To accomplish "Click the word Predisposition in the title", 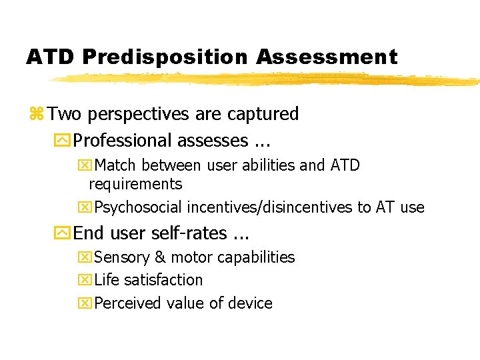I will pos(165,57).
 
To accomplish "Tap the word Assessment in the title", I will pos(327,57).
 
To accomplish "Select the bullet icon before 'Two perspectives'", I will pos(36,114).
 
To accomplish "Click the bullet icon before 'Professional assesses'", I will pos(63,141).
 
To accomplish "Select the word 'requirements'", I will pos(135,184).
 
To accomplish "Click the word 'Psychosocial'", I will pos(139,207).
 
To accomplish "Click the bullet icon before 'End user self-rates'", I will pos(63,233).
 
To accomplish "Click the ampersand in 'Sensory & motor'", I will pos(160,257).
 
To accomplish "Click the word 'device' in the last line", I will pos(249,303).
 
